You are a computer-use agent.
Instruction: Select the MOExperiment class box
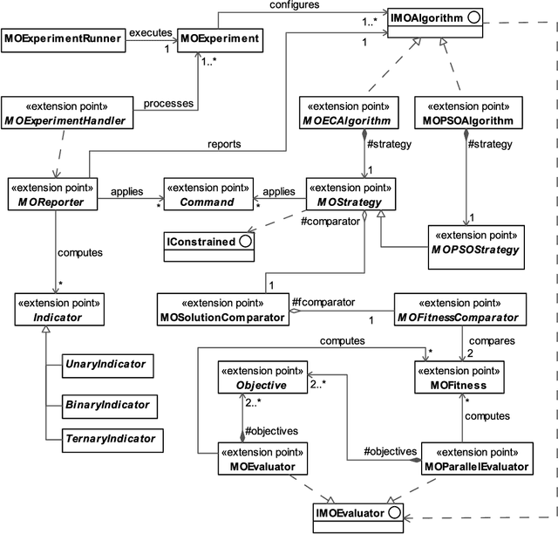(220, 38)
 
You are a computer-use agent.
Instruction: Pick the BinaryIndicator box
(105, 405)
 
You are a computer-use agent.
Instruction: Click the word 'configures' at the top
(294, 6)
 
